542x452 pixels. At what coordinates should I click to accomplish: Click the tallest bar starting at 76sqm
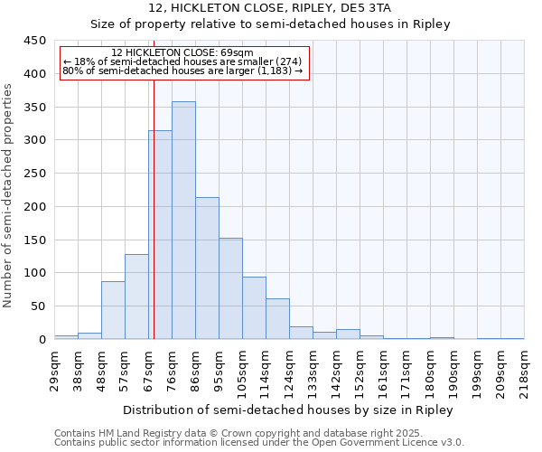[183, 221]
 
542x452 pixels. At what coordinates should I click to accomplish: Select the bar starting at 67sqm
[161, 235]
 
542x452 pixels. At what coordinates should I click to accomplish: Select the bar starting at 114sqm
[277, 319]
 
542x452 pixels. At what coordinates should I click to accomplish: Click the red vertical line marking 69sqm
[154, 208]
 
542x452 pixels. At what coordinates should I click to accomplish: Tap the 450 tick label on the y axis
[35, 41]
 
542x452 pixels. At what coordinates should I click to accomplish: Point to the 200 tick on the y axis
[35, 207]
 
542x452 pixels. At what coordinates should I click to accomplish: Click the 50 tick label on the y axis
[39, 306]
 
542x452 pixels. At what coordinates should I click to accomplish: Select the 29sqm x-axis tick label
[54, 368]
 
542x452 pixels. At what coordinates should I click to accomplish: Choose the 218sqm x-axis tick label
[524, 368]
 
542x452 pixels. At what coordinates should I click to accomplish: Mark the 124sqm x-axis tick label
[289, 368]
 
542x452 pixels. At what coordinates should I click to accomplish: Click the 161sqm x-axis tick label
[383, 368]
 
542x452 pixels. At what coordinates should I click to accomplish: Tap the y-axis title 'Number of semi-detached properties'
[9, 195]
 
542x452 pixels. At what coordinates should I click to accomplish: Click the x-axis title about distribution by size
[289, 410]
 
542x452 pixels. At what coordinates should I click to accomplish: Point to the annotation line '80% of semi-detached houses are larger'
[183, 70]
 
